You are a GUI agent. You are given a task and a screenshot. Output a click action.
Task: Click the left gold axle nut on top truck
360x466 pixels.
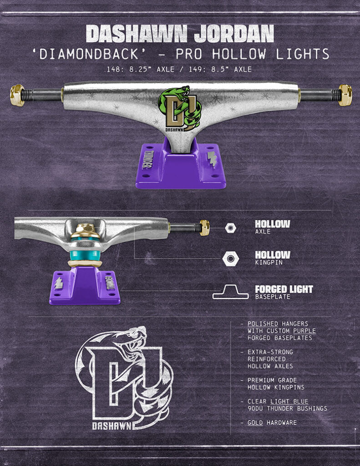[17, 95]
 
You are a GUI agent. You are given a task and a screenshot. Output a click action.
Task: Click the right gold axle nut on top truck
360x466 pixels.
[345, 95]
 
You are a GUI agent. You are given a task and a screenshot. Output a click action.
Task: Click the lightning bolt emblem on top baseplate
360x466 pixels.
[212, 160]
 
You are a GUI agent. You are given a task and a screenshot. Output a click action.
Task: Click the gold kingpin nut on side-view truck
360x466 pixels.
[86, 229]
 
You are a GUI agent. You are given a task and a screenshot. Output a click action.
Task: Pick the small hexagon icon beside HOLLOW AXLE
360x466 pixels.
[231, 228]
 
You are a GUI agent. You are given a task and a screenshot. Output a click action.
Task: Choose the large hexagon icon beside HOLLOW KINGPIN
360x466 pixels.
[231, 259]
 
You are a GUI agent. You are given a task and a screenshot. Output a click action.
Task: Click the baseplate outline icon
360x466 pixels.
[231, 292]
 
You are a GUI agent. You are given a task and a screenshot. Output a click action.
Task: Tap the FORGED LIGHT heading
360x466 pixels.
[284, 289]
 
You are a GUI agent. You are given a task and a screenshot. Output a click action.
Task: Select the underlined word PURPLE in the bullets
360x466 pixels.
[304, 331]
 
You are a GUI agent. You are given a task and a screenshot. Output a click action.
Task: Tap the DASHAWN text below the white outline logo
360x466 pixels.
[112, 426]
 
